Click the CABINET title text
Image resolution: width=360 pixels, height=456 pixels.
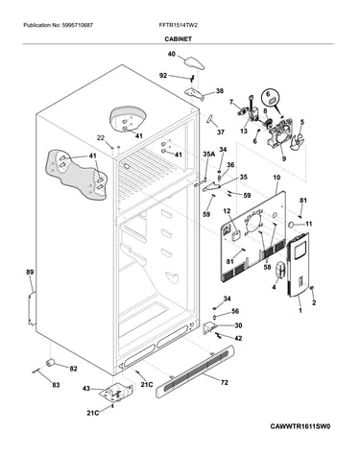[179, 38]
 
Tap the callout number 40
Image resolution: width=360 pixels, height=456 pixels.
[172, 54]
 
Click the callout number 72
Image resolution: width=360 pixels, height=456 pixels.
[225, 382]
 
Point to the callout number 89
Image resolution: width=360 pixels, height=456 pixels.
[30, 273]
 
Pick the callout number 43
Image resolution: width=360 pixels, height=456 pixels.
[86, 389]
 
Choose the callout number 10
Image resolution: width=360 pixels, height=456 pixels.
[276, 178]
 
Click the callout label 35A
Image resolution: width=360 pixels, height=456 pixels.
[209, 155]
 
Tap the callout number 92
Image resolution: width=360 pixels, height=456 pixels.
[163, 76]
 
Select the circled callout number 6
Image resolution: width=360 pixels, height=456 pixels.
[269, 93]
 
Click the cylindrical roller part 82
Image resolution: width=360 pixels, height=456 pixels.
[50, 363]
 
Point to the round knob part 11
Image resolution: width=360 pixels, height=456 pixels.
[292, 225]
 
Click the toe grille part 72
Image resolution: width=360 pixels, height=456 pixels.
[195, 371]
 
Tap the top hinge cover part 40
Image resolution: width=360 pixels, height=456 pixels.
[194, 62]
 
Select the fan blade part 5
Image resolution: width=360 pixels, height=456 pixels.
[298, 140]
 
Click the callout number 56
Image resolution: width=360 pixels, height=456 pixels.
[235, 311]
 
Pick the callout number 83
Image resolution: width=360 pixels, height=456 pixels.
[56, 385]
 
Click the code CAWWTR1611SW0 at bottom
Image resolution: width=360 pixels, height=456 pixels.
[300, 426]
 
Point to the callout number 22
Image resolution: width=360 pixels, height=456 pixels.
[101, 138]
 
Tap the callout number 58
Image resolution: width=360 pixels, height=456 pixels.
[267, 267]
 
